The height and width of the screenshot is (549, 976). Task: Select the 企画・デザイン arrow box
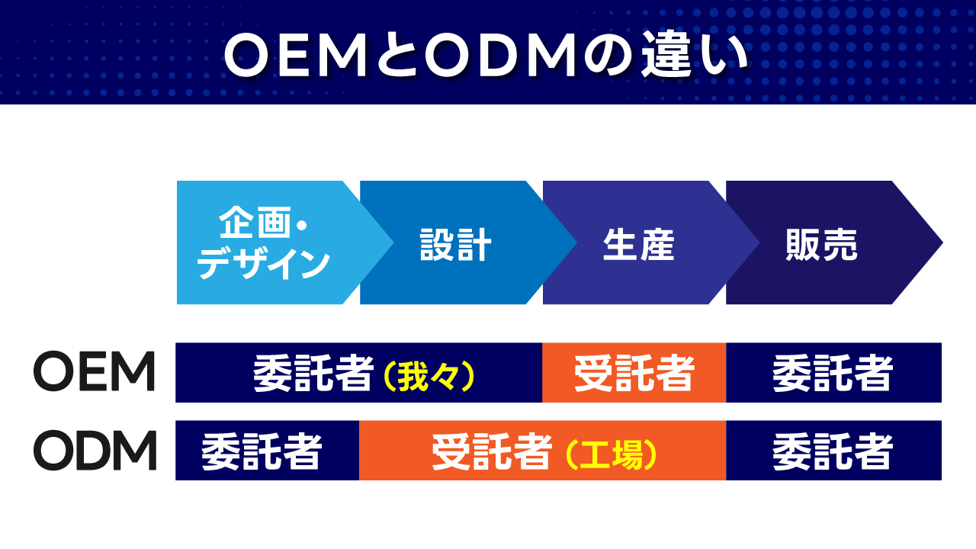coord(264,242)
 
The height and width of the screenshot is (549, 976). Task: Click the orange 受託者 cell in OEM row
coord(634,373)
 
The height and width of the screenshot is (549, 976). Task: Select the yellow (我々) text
coord(429,374)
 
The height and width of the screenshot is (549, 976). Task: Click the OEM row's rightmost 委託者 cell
coord(833,373)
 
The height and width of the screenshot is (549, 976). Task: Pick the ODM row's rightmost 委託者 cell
coord(833,451)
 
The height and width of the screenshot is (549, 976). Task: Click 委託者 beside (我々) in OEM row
coord(313,374)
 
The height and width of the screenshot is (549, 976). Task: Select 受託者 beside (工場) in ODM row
coord(491,451)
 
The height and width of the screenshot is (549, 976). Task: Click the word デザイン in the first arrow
coord(264,263)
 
